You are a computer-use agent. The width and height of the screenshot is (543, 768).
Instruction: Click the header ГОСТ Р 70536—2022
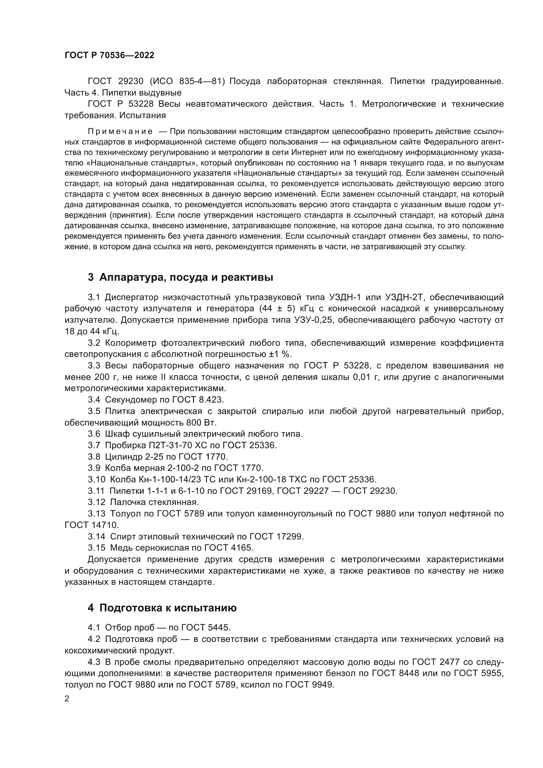[109, 55]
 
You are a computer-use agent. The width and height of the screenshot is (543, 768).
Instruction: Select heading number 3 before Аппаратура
[91, 277]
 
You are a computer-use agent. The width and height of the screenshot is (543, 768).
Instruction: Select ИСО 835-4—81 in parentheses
[187, 81]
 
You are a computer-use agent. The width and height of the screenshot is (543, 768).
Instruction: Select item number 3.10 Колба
[97, 479]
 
